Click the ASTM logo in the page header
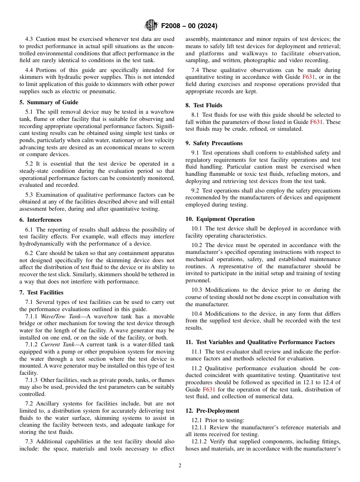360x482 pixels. (151, 26)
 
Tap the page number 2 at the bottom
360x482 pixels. (180, 466)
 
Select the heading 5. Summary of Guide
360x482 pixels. (49, 102)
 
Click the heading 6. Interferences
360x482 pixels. (41, 220)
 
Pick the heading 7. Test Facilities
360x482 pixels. (41, 293)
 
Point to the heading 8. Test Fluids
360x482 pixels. (204, 105)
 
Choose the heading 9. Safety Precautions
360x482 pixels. (214, 143)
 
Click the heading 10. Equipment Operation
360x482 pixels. (220, 219)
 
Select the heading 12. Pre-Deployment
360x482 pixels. (212, 411)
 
